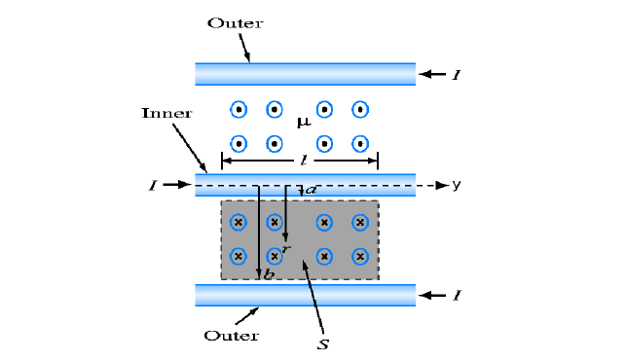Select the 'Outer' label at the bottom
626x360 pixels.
(231, 336)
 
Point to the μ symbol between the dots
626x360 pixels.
(302, 123)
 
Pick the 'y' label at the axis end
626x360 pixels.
(456, 184)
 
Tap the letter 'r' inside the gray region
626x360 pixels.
(284, 249)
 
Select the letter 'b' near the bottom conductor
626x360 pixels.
(270, 275)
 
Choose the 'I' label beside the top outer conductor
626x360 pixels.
(456, 74)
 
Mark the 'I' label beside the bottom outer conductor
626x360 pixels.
(456, 294)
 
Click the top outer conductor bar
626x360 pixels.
(305, 74)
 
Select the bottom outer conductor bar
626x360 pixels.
(305, 295)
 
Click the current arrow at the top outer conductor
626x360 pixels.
(430, 74)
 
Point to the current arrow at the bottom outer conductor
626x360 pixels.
(430, 294)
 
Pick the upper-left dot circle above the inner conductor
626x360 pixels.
(238, 109)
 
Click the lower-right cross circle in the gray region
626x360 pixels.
(360, 257)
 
